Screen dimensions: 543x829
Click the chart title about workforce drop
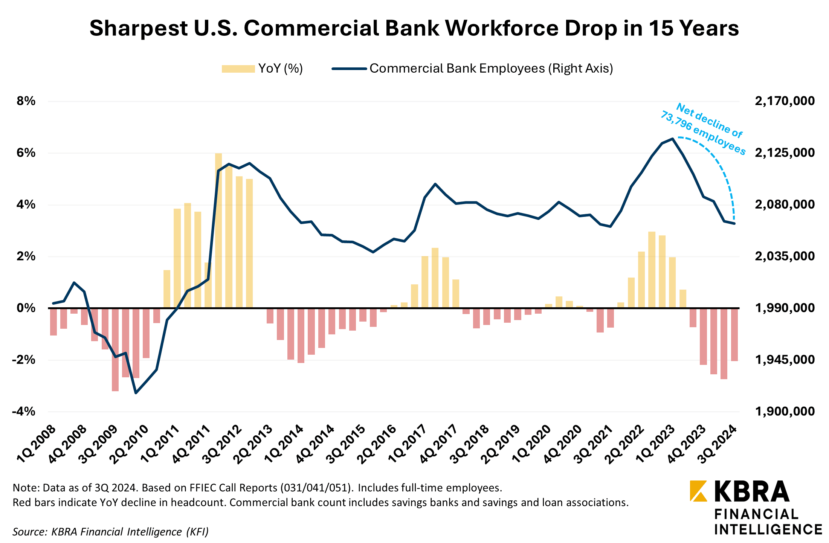[414, 28]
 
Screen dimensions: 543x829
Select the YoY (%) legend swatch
[238, 69]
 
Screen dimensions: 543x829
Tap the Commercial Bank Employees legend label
[491, 69]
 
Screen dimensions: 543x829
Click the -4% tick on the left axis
[24, 411]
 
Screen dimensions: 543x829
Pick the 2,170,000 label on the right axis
[785, 101]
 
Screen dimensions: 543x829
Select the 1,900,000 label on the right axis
[785, 411]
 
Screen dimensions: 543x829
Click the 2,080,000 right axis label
[785, 204]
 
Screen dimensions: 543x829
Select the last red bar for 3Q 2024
[734, 334]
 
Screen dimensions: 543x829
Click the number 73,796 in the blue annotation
[676, 120]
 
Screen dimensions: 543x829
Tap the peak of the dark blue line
[672, 139]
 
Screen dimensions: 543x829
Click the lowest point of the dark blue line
[136, 393]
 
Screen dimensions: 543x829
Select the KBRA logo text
[751, 491]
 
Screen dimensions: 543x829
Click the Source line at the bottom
[110, 531]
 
